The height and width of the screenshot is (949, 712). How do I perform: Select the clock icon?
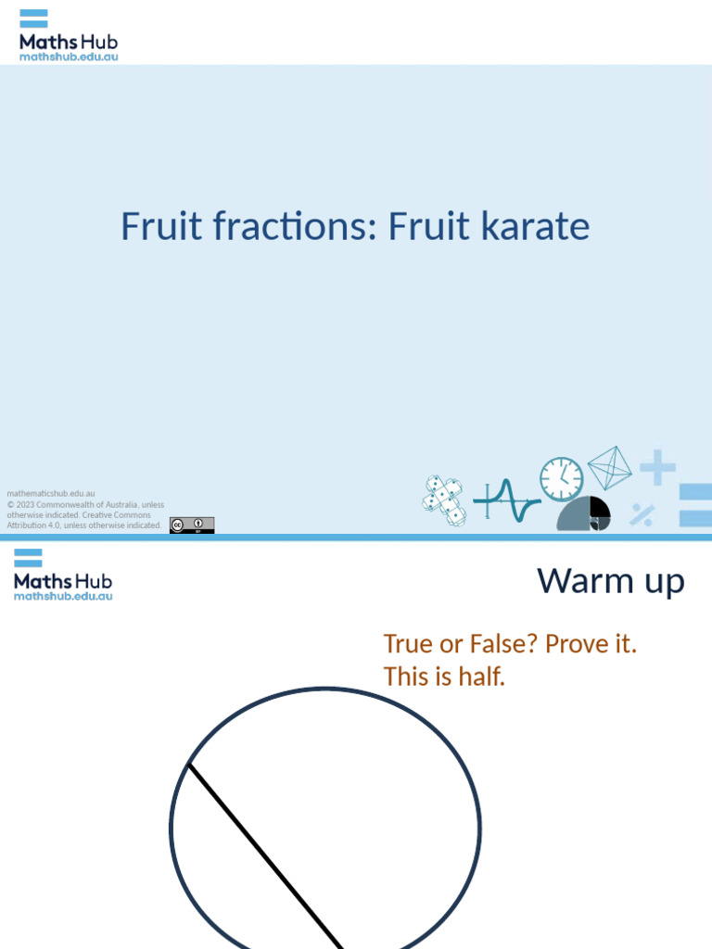click(562, 479)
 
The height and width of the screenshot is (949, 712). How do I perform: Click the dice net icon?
click(444, 500)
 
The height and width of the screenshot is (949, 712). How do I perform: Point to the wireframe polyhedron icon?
click(609, 467)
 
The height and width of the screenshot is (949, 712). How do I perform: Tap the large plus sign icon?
click(657, 467)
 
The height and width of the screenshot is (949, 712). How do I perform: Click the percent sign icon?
click(642, 514)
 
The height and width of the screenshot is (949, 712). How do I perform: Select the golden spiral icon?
click(584, 514)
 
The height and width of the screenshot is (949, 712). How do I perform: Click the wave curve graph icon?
click(506, 500)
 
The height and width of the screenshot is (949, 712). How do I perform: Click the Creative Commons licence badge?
click(192, 525)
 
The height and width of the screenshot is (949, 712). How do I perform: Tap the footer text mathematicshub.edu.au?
click(51, 494)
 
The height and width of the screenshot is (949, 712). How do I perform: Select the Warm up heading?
click(611, 582)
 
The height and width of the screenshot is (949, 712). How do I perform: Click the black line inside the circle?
click(265, 854)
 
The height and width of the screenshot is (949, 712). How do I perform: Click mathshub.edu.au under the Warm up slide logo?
click(63, 597)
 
